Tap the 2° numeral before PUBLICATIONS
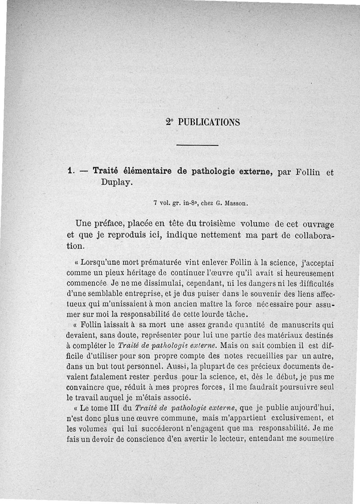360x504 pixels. coord(169,122)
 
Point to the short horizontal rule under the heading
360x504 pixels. coord(197,145)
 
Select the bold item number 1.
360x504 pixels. coord(70,171)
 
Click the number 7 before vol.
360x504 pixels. coord(154,203)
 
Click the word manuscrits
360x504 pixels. coord(301,325)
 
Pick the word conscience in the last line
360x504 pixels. coord(153,439)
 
